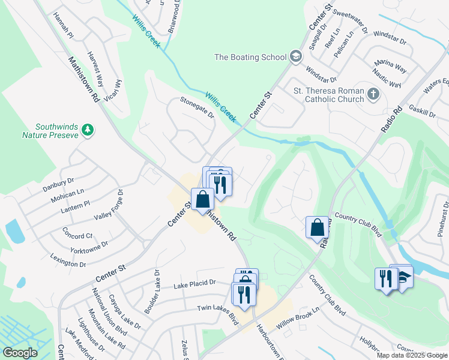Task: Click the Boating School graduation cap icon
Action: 295,58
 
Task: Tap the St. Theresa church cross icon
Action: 373,94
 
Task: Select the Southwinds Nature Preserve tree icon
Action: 88,130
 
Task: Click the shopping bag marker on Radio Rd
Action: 317,227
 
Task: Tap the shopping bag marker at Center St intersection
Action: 203,199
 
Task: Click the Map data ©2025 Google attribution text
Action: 412,355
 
